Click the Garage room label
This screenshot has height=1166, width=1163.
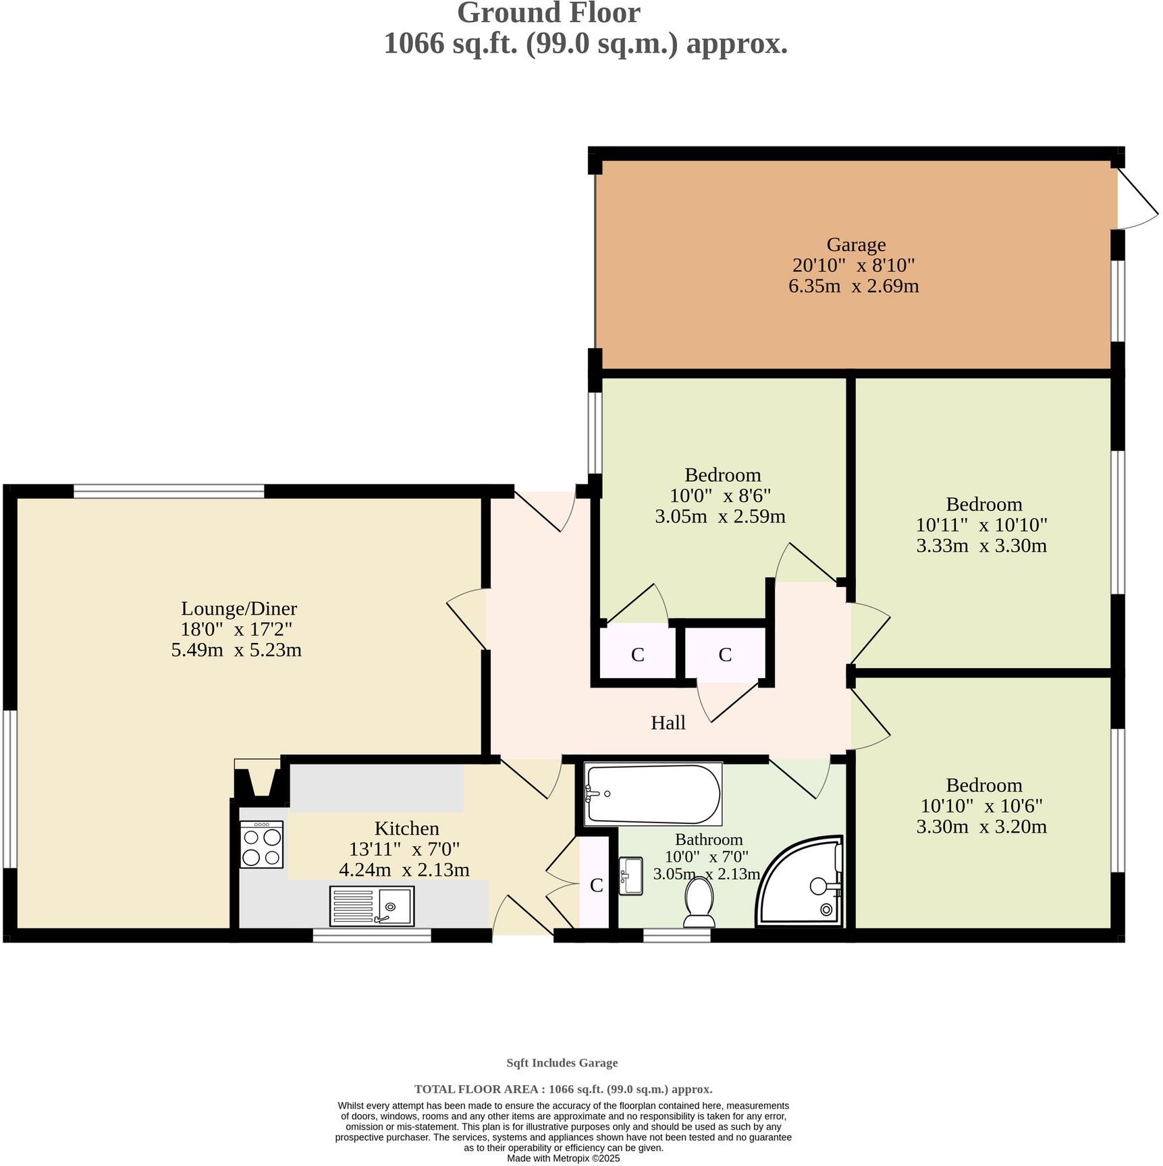coord(855,244)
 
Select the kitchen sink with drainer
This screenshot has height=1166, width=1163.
coord(372,906)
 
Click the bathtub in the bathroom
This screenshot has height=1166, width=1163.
coord(652,794)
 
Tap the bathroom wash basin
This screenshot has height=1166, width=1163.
coord(630,876)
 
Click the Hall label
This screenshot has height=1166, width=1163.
coord(668,723)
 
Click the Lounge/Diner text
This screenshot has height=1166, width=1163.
coord(239,609)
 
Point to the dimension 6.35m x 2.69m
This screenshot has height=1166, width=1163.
coord(853,286)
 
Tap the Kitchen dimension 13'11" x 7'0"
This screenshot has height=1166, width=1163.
coord(404,849)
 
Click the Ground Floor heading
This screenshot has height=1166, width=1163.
coord(549,13)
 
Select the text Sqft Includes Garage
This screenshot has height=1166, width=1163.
coord(562,1063)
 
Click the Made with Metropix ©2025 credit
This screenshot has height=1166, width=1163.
coord(563,1158)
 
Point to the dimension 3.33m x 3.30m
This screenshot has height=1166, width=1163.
coord(981,546)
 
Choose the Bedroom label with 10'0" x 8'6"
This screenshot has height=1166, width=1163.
coord(722,475)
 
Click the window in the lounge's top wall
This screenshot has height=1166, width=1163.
coord(169,491)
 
